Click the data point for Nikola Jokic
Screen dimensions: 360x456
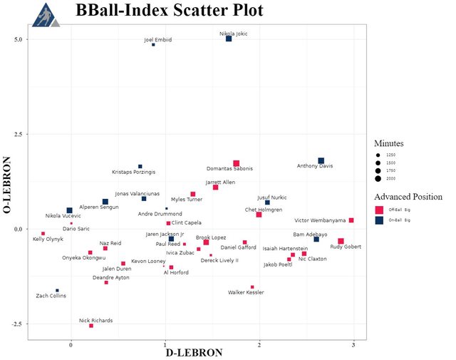coord(229,38)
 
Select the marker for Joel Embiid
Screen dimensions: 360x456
coord(153,45)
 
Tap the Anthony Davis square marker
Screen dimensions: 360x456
coord(321,161)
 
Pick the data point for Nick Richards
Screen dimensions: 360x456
coord(91,326)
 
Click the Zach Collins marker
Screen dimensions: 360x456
coord(58,290)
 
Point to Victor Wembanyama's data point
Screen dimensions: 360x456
coord(351,220)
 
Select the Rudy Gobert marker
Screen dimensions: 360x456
coord(341,241)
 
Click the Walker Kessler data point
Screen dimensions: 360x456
coord(252,287)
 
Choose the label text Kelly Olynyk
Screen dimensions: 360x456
coord(48,239)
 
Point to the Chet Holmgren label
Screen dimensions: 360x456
coord(264,210)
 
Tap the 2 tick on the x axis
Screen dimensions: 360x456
coord(259,345)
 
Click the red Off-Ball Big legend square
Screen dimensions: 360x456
coord(380,210)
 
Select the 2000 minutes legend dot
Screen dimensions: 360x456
coord(380,179)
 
